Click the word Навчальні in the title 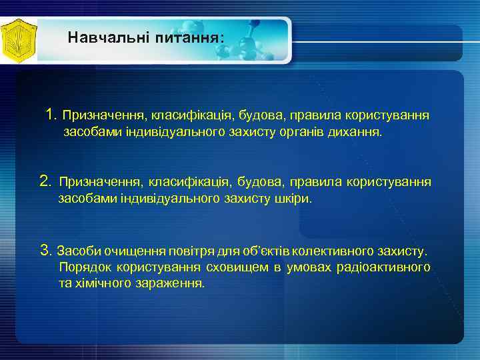point(108,38)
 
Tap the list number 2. point(45,181)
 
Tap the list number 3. point(45,251)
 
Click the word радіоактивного point(385,267)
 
